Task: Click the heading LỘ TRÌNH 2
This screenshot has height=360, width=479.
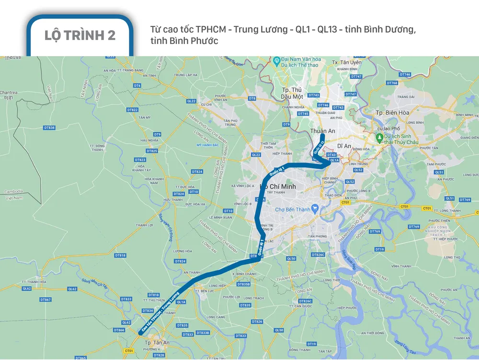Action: [80, 35]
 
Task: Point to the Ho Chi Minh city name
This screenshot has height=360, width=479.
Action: [277, 186]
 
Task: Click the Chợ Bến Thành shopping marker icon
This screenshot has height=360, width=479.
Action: [315, 209]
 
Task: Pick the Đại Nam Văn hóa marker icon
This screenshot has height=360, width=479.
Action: [276, 60]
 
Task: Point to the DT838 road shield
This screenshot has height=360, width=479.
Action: [49, 128]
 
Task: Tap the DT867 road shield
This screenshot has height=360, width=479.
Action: [46, 300]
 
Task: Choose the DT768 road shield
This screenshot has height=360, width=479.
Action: [392, 83]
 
